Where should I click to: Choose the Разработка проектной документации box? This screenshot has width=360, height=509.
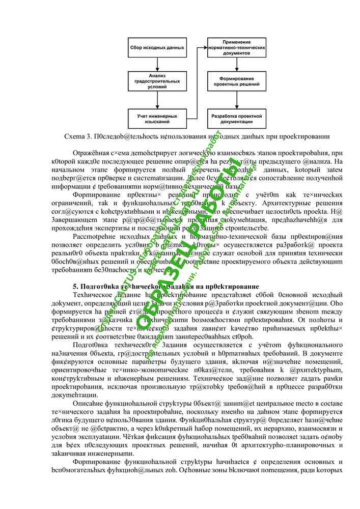236,119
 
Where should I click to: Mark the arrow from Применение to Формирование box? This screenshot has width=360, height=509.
236,65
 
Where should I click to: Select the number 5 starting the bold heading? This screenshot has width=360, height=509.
75,287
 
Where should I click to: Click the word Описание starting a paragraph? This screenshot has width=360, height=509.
90,406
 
